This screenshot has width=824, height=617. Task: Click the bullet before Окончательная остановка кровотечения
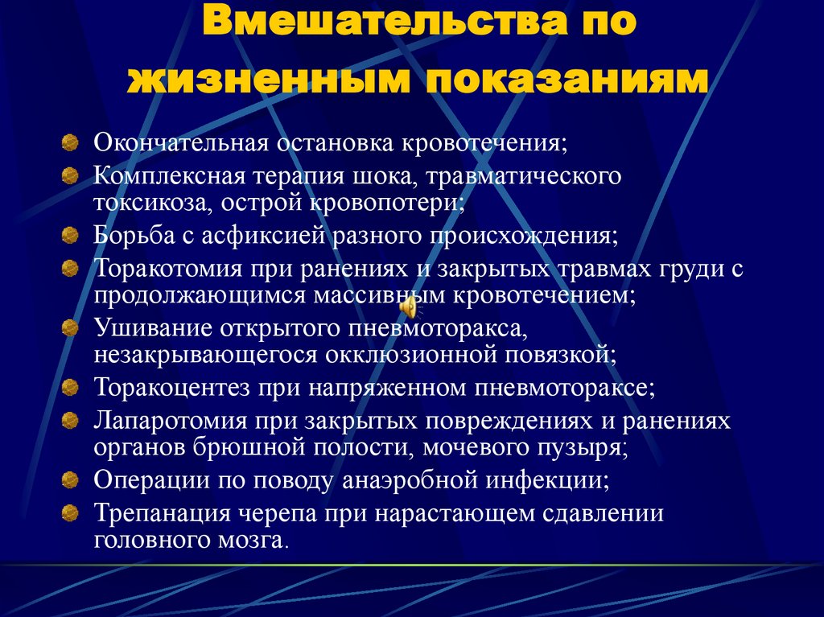click(x=71, y=145)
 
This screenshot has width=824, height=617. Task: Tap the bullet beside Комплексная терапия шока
click(x=71, y=175)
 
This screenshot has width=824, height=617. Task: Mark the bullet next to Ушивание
click(x=71, y=328)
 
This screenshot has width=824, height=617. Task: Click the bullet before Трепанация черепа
click(x=71, y=512)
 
